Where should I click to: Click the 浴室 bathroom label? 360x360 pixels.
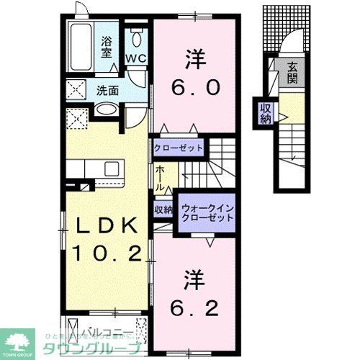pyautogui.click(x=105, y=48)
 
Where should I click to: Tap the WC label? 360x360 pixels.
pyautogui.click(x=135, y=57)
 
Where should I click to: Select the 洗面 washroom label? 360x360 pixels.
pyautogui.click(x=107, y=91)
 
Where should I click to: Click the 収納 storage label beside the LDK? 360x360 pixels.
pyautogui.click(x=163, y=210)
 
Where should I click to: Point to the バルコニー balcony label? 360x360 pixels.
pyautogui.click(x=101, y=333)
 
